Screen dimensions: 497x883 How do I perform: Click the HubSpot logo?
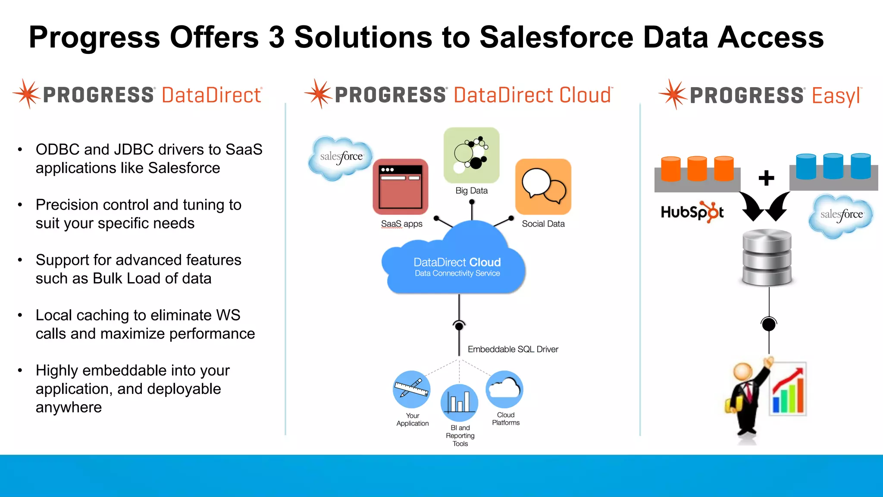(x=692, y=212)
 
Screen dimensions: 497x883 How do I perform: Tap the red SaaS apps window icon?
(x=401, y=186)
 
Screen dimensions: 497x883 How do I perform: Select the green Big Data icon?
(x=471, y=155)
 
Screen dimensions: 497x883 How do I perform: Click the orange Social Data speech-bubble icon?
(x=543, y=186)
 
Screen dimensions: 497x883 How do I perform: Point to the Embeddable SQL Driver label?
(x=513, y=349)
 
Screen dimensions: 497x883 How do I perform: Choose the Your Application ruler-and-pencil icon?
(x=412, y=389)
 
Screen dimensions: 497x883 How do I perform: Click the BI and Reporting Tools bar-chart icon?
(x=459, y=403)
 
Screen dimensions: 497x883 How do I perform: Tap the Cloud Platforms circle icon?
(x=504, y=389)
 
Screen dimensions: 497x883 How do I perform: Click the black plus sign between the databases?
(x=766, y=178)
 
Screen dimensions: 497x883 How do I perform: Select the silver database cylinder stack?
(x=767, y=257)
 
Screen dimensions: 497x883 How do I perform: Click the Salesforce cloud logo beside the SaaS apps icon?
(x=341, y=157)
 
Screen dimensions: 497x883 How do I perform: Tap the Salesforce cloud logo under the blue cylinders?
(x=841, y=215)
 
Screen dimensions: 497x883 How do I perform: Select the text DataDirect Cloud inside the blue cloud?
(x=457, y=262)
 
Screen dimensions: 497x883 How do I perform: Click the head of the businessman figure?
(x=743, y=371)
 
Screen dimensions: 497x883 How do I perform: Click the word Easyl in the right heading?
(x=836, y=96)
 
